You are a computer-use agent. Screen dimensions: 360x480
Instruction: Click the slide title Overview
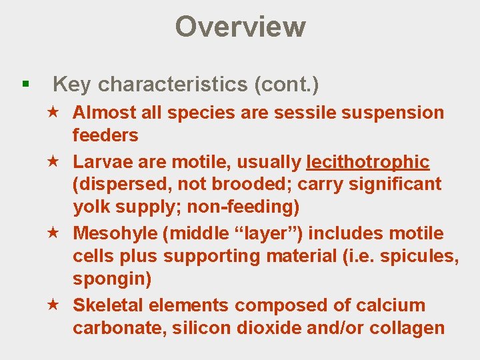tap(240, 27)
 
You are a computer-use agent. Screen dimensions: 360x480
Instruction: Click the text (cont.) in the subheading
tap(285, 85)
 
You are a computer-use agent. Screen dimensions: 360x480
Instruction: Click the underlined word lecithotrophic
tap(368, 162)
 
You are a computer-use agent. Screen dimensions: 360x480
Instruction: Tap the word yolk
tap(93, 207)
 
